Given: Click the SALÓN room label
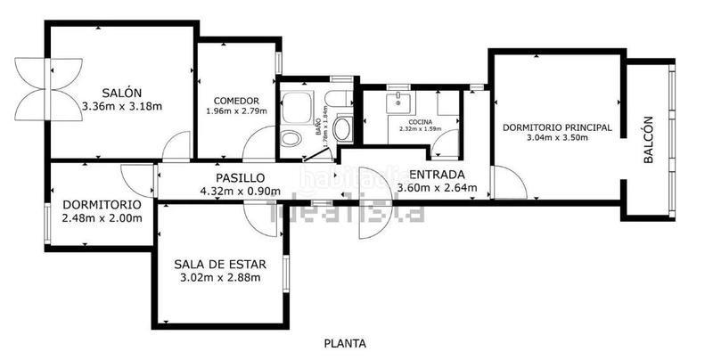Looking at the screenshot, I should tap(118, 92).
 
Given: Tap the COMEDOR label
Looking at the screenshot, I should tap(236, 101).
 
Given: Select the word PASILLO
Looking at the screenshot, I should tap(240, 177).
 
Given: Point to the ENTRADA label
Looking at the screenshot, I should tap(436, 174).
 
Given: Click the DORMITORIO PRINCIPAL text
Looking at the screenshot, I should tap(557, 127).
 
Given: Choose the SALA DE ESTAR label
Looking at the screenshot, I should tap(218, 263).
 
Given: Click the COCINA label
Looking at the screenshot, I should tap(422, 121).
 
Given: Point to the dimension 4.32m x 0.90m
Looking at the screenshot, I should tap(241, 191).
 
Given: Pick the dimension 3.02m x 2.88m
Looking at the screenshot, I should tap(219, 277).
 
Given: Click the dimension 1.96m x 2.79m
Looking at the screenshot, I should tap(236, 111).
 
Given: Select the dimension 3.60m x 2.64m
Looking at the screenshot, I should tap(436, 188).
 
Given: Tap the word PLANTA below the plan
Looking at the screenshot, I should tap(345, 343).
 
